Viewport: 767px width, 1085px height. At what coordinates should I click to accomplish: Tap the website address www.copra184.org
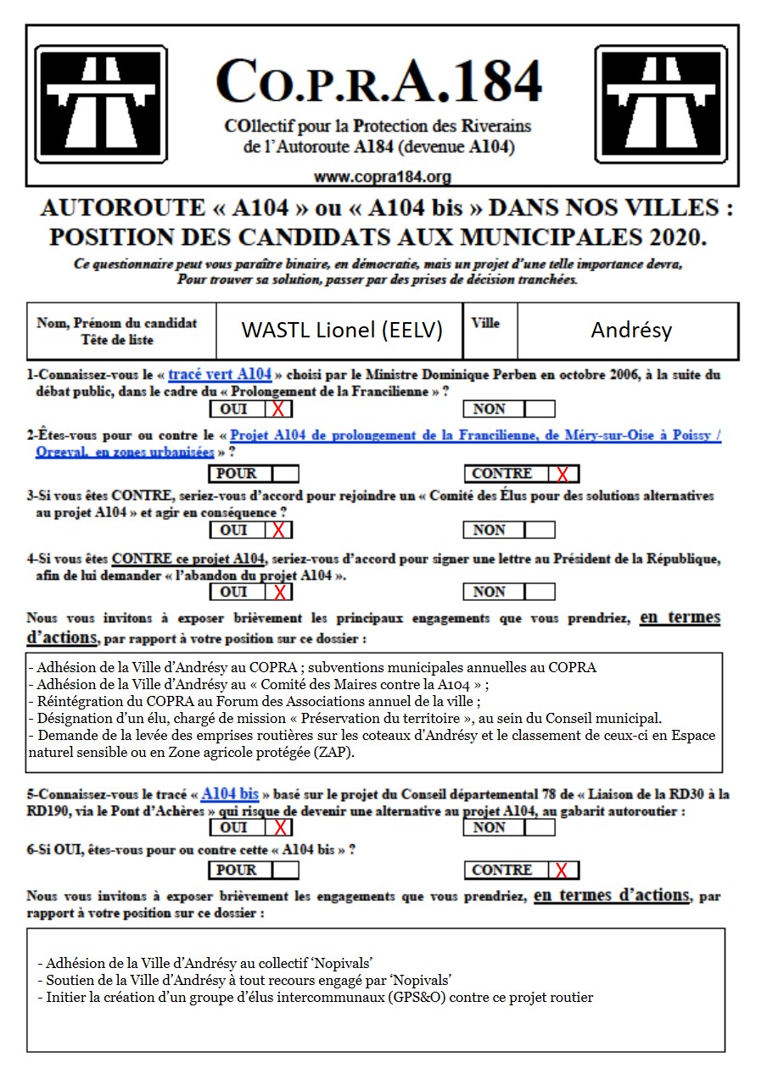[x=382, y=177]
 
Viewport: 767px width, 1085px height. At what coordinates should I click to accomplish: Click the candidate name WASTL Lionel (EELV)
[x=342, y=330]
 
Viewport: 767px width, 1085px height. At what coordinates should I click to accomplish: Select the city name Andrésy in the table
[x=631, y=330]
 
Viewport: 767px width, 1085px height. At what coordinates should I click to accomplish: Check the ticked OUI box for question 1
[x=278, y=409]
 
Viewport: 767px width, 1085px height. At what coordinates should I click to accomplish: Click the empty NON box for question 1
[x=539, y=409]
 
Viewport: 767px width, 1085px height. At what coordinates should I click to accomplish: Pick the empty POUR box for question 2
[x=284, y=474]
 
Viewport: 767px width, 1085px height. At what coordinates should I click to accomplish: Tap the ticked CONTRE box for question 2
[x=563, y=474]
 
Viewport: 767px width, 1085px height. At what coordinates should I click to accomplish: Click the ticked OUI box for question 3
[x=278, y=531]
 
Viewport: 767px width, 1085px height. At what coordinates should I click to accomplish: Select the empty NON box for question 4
[x=539, y=592]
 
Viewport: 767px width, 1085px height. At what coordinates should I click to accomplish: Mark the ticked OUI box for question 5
[x=278, y=827]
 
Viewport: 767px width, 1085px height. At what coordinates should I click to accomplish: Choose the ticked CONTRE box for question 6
[x=563, y=870]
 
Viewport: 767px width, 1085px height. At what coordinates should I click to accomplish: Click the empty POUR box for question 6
[x=284, y=870]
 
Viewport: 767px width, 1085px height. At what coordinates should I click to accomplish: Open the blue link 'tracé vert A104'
[x=220, y=374]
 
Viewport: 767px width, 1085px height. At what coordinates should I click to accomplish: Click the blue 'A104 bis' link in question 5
[x=230, y=794]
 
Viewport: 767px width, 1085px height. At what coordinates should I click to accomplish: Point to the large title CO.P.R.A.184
[x=378, y=83]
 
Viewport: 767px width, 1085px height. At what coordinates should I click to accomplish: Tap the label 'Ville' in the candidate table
[x=485, y=323]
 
